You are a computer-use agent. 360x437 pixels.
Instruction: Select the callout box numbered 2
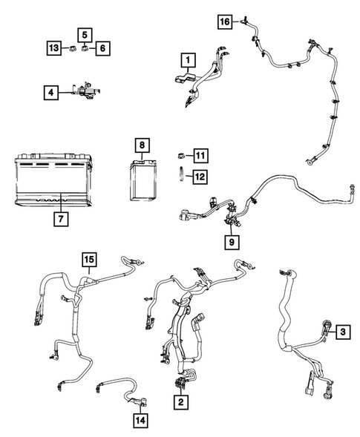pyautogui.click(x=180, y=401)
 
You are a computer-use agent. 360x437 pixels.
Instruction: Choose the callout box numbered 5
pyautogui.click(x=85, y=34)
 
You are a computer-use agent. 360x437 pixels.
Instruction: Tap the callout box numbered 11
pyautogui.click(x=201, y=155)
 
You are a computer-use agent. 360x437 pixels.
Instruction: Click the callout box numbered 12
pyautogui.click(x=201, y=176)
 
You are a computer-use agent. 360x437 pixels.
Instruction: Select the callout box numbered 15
pyautogui.click(x=90, y=259)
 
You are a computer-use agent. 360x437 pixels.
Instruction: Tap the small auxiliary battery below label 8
pyautogui.click(x=143, y=180)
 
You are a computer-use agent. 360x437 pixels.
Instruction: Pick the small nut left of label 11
pyautogui.click(x=180, y=155)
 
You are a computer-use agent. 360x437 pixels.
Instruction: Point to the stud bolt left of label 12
pyautogui.click(x=180, y=176)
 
